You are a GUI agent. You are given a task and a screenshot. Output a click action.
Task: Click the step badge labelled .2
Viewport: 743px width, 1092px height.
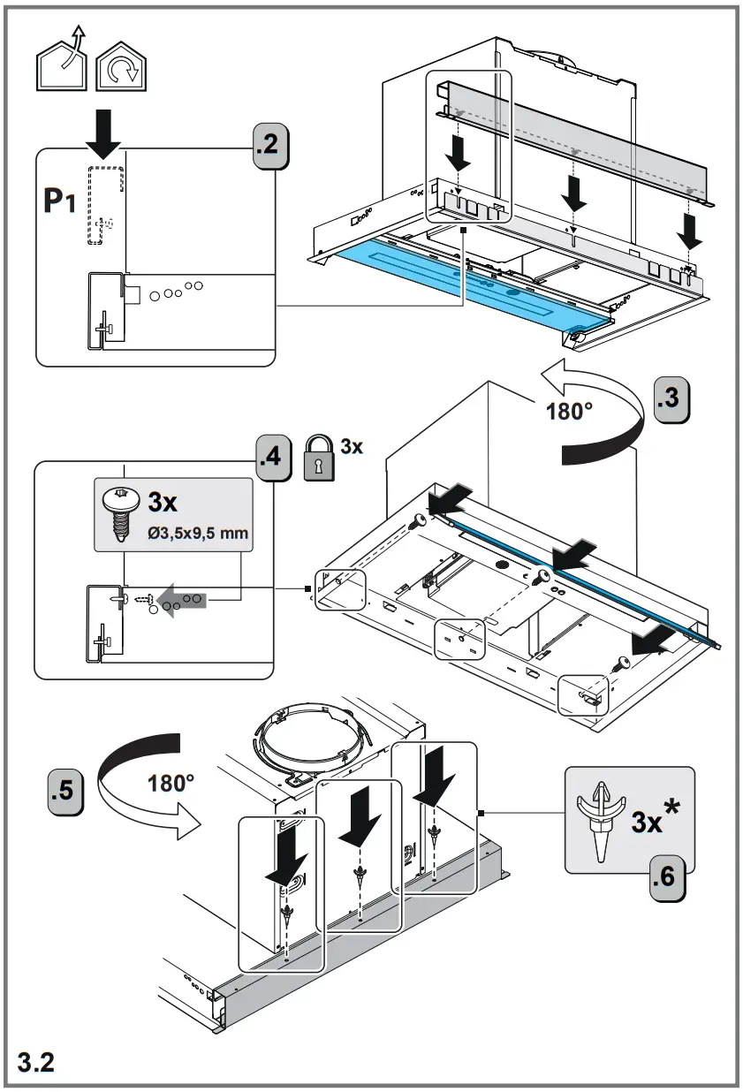point(270,147)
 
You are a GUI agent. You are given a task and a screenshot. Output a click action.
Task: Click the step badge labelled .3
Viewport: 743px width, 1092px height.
point(671,399)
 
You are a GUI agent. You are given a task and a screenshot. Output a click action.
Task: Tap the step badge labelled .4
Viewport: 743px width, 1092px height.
point(274,459)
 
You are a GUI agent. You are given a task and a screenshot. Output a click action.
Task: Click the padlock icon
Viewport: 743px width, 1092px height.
point(319,458)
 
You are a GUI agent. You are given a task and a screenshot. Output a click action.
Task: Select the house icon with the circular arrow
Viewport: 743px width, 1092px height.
point(121,66)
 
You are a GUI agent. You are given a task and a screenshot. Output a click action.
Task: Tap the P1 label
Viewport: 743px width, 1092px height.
point(59,201)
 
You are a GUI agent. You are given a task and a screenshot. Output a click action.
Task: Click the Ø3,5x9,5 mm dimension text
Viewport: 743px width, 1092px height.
point(198,533)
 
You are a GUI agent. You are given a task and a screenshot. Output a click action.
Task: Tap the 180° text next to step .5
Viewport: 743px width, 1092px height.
point(171,784)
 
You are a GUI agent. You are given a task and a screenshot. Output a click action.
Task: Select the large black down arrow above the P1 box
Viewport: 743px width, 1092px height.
point(103,134)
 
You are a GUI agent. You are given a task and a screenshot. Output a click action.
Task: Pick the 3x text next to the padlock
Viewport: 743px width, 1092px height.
point(352,446)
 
